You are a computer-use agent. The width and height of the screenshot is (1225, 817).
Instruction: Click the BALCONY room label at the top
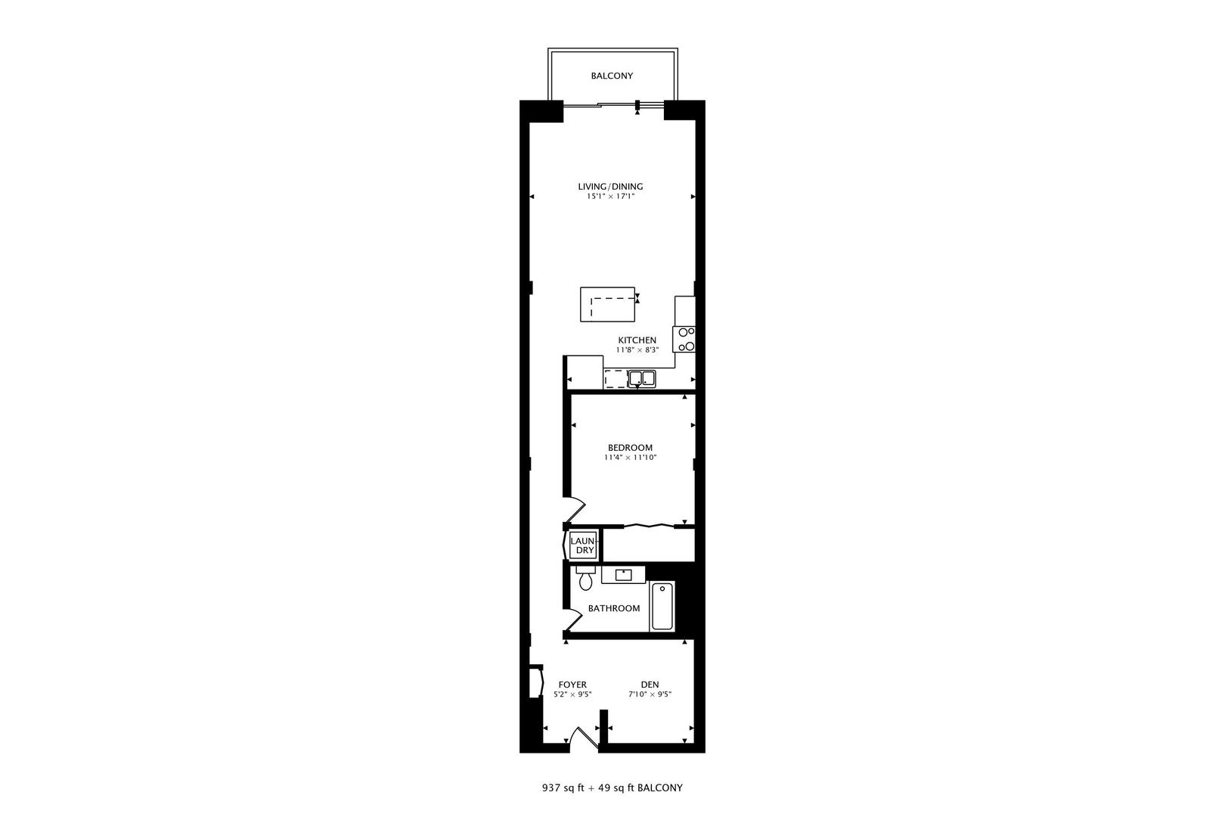tap(612, 76)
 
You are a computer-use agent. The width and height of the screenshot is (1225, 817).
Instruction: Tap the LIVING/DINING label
tap(610, 187)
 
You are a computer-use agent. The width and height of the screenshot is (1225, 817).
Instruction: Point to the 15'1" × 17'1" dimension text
tap(610, 197)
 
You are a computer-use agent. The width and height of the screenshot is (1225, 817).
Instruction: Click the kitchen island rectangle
tap(607, 304)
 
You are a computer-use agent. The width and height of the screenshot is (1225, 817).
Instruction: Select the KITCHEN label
tap(637, 340)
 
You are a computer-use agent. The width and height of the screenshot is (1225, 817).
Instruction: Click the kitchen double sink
tap(641, 377)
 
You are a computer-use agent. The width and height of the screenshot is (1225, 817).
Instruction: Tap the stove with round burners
tap(686, 339)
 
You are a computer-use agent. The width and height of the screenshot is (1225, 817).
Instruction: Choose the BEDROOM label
tap(630, 448)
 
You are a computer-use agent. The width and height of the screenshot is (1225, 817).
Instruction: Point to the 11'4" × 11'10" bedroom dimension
tap(630, 458)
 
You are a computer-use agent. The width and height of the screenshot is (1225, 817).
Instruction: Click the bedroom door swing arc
tap(576, 509)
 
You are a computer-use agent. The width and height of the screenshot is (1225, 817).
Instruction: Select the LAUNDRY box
tap(583, 545)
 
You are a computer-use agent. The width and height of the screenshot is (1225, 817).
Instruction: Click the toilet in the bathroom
tap(585, 581)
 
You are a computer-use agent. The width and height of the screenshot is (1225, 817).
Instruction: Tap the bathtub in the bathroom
tap(662, 607)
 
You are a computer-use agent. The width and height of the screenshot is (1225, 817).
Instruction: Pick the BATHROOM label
tap(614, 608)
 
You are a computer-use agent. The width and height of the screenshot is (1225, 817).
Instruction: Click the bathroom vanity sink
tap(624, 575)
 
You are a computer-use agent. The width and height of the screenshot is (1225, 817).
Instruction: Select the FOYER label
tap(572, 685)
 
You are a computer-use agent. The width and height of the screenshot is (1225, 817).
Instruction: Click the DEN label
tap(650, 685)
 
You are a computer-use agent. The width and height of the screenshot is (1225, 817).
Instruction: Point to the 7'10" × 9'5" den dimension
tap(650, 695)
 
